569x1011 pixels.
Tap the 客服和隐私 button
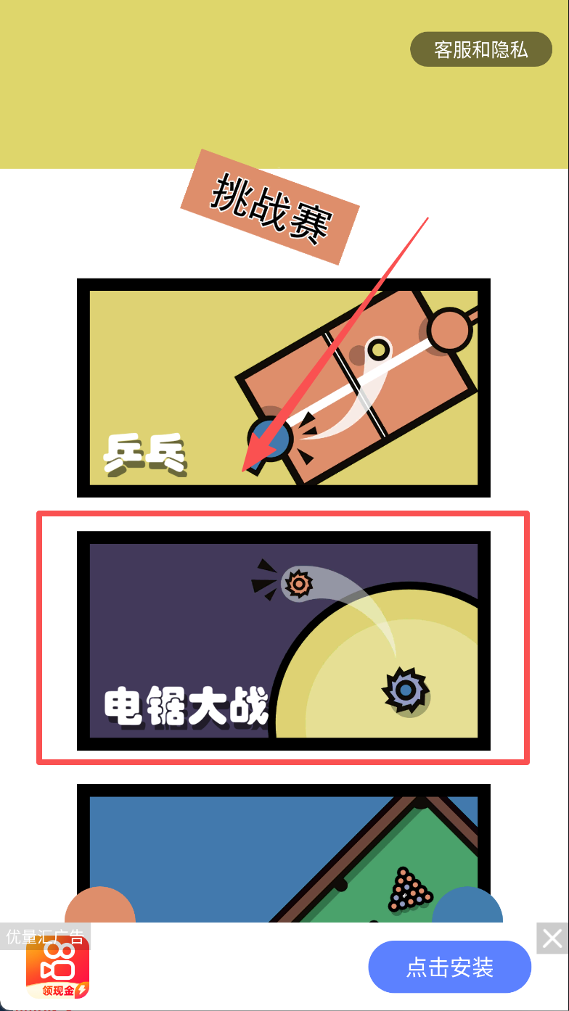coord(481,49)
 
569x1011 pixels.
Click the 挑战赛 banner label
coord(270,207)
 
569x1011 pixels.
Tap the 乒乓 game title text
coord(145,454)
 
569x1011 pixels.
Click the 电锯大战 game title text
coord(186,706)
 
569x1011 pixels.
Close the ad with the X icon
coord(552,938)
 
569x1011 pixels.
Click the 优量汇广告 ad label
coord(45,936)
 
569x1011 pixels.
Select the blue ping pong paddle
coord(269,440)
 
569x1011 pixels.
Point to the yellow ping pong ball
coord(378,349)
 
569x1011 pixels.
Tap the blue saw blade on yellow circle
coord(406,690)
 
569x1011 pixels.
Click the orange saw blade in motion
coord(298,584)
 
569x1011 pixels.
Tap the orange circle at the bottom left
coord(100,905)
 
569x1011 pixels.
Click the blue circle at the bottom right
coord(467,905)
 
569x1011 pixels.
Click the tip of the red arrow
coord(243,471)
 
